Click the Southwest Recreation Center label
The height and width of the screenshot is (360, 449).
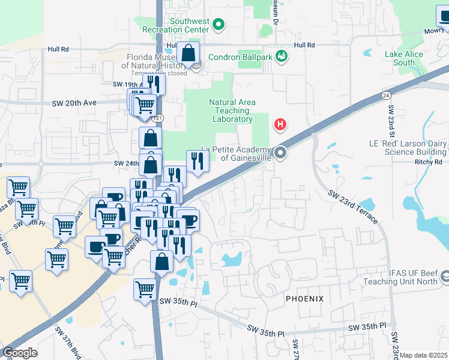coord(181,25)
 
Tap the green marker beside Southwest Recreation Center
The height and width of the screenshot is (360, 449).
coord(219,25)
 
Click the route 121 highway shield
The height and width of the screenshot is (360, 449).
coord(158,118)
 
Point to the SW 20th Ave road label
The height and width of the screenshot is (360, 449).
coord(81,103)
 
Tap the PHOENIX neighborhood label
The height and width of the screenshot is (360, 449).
coord(304,298)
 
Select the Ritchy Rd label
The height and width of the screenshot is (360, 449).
coord(428,162)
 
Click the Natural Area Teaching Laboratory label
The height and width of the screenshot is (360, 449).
coord(232,110)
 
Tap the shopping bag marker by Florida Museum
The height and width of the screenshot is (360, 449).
coord(188,54)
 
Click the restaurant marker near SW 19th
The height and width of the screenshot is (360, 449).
coord(154,84)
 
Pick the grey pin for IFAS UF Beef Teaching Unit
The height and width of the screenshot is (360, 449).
coord(445,277)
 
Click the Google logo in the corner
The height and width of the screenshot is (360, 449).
coord(19,353)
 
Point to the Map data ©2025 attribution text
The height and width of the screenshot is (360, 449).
coord(424,355)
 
